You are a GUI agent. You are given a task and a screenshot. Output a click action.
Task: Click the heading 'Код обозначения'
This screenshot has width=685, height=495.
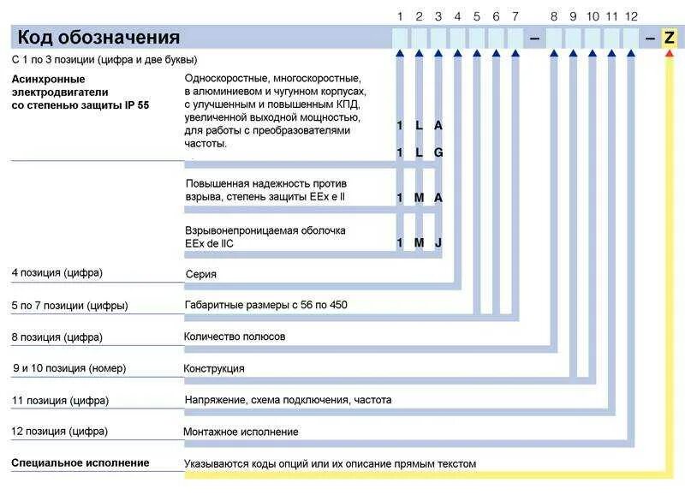[99, 38]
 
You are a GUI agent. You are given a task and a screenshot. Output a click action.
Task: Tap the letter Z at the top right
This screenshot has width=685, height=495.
[670, 38]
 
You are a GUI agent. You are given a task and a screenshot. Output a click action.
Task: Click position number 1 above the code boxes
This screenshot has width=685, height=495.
[400, 16]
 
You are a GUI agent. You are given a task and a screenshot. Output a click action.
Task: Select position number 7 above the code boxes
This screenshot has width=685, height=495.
[515, 16]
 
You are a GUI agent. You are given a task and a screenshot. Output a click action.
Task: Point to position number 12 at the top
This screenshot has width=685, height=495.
[631, 16]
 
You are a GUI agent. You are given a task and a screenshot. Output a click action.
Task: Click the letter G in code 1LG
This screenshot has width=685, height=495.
[438, 152]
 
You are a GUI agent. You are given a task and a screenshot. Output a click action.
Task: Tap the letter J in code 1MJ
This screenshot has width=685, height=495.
[438, 242]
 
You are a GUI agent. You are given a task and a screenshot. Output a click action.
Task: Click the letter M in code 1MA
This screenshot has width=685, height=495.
[419, 198]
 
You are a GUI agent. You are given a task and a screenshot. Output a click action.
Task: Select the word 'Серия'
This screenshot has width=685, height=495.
[200, 274]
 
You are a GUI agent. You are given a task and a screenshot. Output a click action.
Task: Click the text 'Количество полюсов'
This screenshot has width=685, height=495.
[235, 337]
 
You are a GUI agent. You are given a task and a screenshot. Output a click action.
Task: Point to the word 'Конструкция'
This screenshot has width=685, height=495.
[214, 368]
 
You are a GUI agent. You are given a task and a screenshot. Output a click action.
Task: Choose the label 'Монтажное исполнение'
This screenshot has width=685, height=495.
[241, 432]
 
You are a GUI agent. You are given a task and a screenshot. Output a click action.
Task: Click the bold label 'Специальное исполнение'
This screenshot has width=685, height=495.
[80, 462]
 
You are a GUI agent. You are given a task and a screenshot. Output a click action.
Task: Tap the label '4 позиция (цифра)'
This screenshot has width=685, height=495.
[57, 273]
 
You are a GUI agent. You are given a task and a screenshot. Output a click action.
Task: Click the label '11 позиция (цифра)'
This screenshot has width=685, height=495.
[60, 400]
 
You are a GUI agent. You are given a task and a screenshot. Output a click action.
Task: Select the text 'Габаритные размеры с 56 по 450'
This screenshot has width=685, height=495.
[266, 305]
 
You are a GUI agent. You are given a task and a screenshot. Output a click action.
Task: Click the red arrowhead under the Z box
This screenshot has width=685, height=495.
[670, 54]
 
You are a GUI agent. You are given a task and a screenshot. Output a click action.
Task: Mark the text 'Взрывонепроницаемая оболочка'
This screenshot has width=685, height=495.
[265, 230]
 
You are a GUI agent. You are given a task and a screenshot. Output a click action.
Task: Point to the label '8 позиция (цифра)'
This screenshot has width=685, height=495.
[57, 337]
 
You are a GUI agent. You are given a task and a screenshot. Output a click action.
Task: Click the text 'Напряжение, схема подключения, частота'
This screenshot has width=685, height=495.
[288, 400]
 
